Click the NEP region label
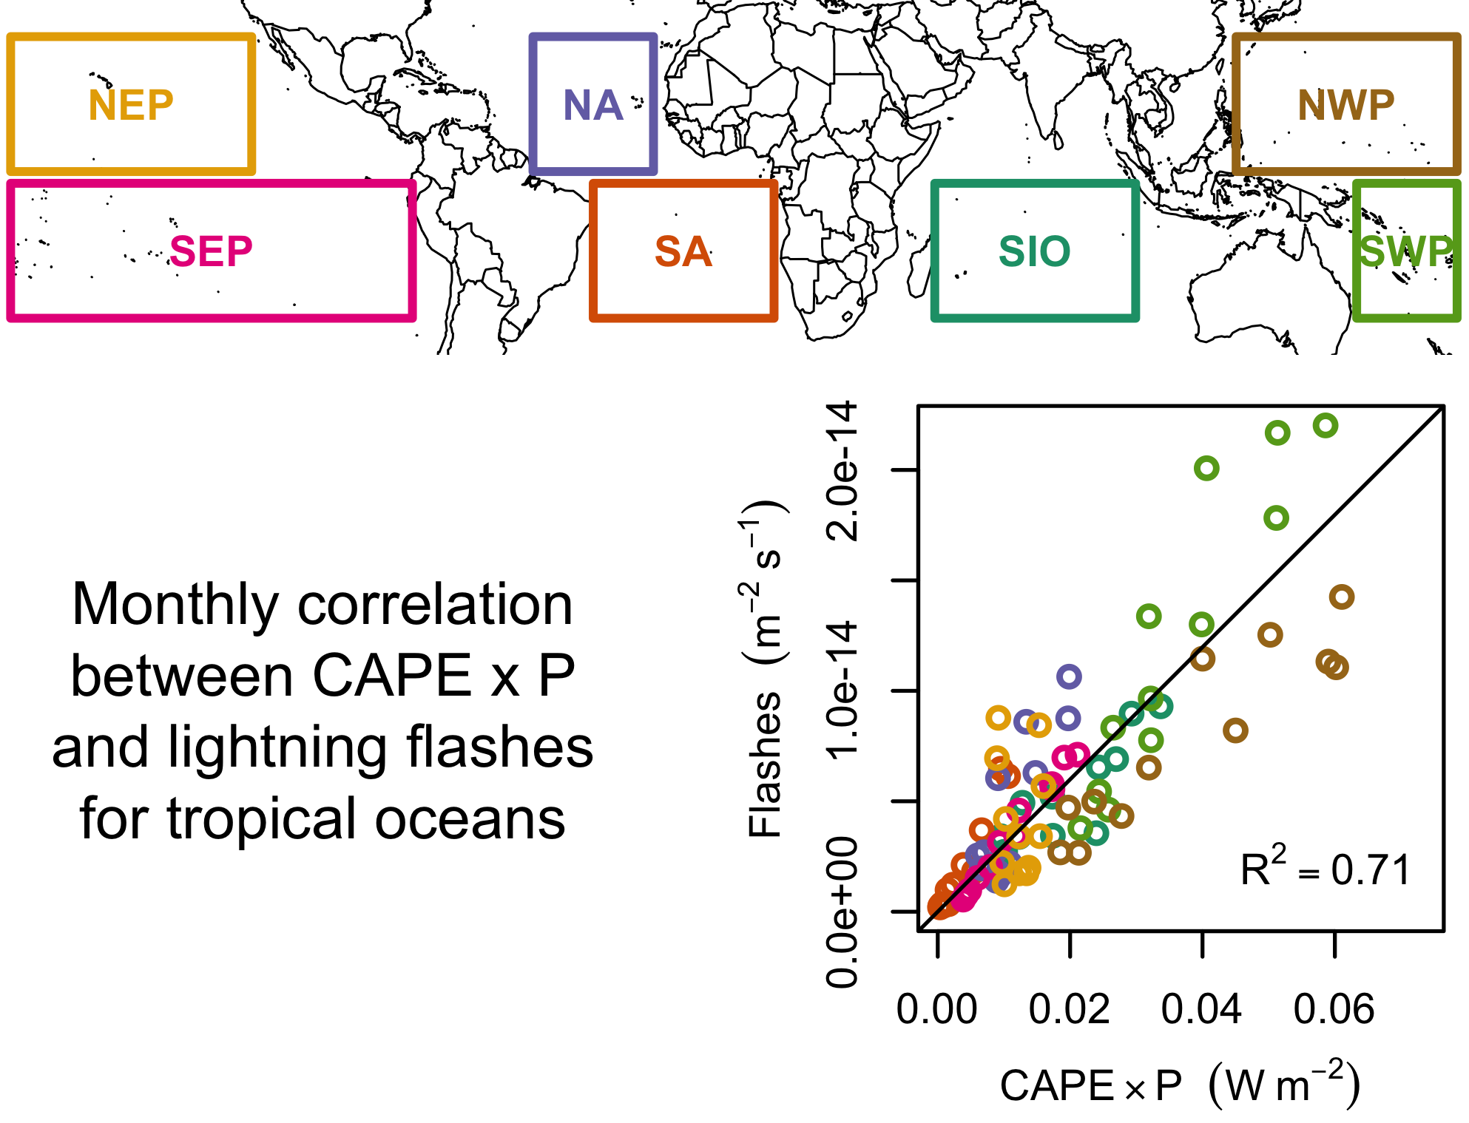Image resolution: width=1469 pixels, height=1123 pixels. pyautogui.click(x=131, y=105)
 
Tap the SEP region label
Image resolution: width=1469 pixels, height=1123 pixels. pyautogui.click(x=211, y=251)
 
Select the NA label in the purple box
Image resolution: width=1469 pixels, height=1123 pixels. pyautogui.click(x=593, y=105)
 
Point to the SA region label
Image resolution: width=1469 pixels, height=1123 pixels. pyautogui.click(x=683, y=251)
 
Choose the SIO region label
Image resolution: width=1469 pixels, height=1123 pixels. pyautogui.click(x=1035, y=251)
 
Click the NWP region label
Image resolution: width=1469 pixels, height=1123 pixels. pyautogui.click(x=1346, y=105)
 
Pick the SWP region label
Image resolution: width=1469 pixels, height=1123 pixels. pyautogui.click(x=1406, y=251)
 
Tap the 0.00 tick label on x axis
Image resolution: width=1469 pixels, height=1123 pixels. pyautogui.click(x=937, y=1009)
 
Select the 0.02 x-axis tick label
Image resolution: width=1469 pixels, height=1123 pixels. pyautogui.click(x=1070, y=1009)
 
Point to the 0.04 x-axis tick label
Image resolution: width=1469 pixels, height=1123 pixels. pyautogui.click(x=1201, y=1009)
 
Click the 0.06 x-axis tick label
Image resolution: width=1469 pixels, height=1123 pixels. pyautogui.click(x=1334, y=1009)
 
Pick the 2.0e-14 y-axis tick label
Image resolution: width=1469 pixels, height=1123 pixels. pyautogui.click(x=843, y=471)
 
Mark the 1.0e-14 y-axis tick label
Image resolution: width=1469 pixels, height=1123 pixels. pyautogui.click(x=843, y=691)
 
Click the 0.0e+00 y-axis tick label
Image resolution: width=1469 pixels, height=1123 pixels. pyautogui.click(x=843, y=912)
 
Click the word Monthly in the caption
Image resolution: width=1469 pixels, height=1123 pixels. pyautogui.click(x=175, y=605)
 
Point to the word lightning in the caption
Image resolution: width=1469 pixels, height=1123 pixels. pyautogui.click(x=277, y=748)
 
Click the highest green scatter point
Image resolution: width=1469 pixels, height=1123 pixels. pyautogui.click(x=1325, y=426)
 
